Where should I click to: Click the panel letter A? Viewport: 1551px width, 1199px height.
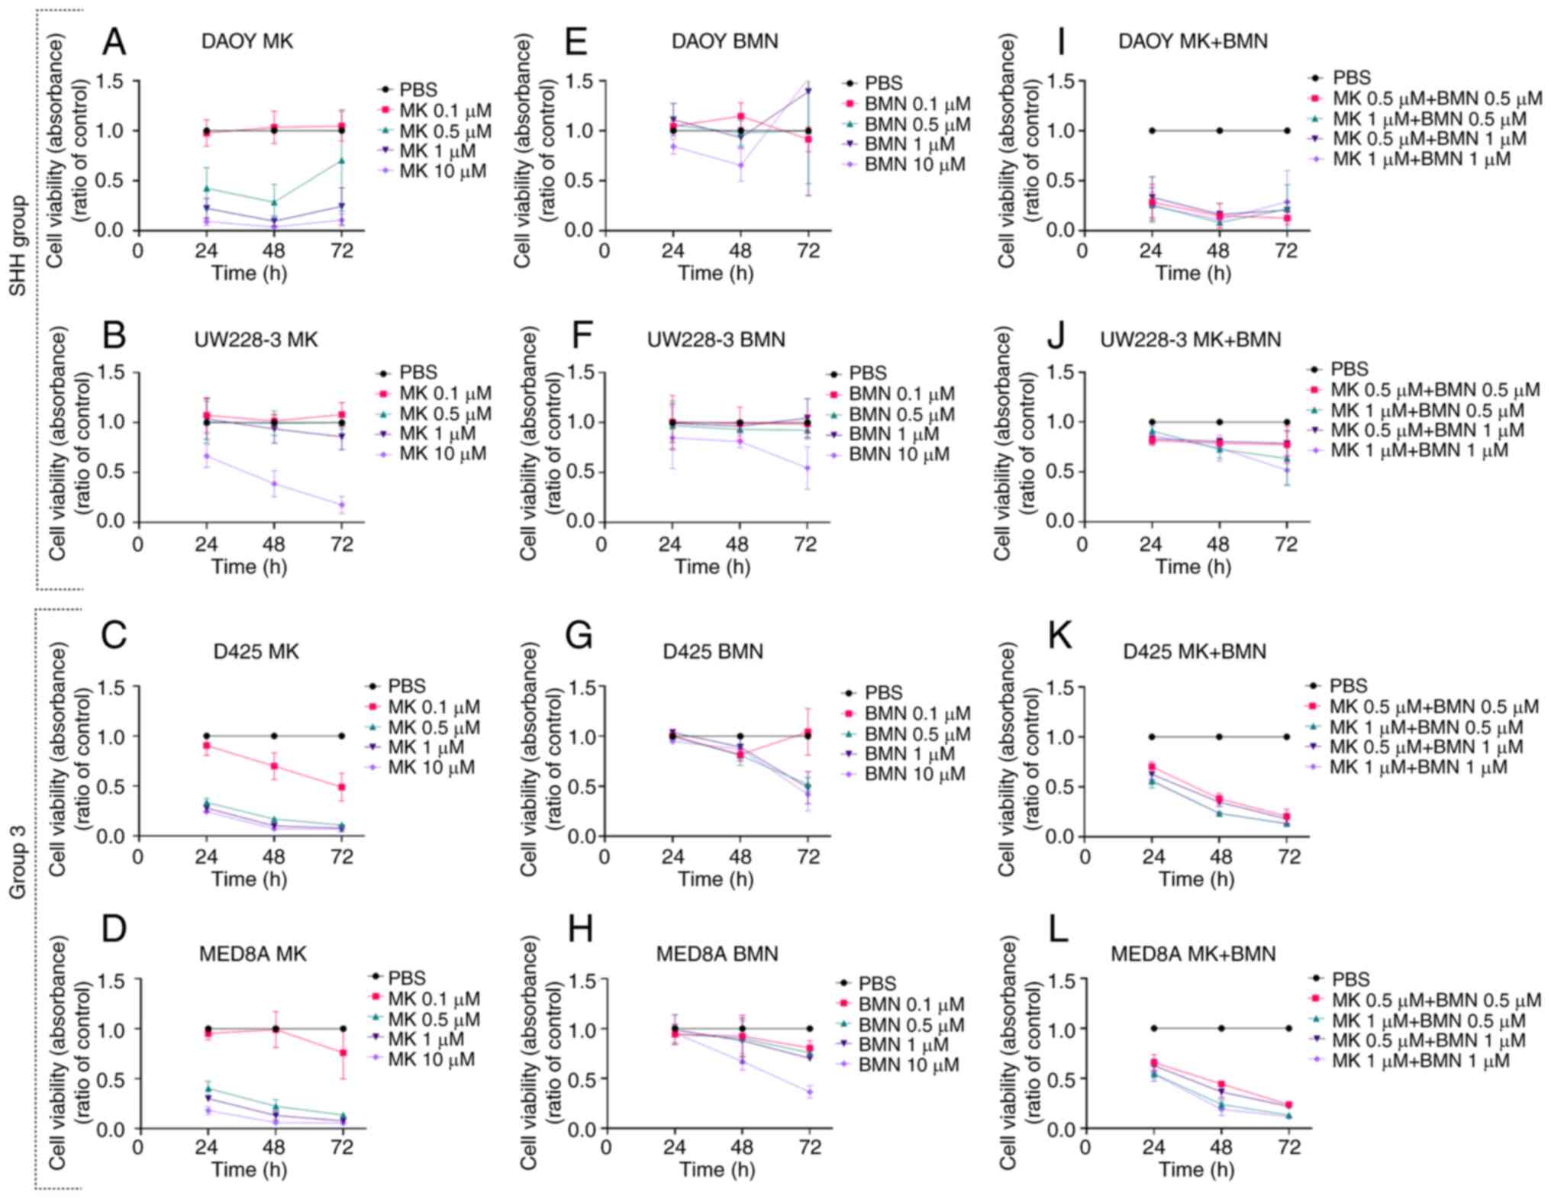coord(114,42)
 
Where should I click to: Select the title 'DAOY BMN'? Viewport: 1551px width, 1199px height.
coord(724,41)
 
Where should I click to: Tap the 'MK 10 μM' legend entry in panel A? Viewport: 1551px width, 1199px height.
coord(442,171)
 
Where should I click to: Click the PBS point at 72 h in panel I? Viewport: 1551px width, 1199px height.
coord(1287,131)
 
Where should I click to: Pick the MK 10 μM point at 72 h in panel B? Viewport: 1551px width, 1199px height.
coord(342,504)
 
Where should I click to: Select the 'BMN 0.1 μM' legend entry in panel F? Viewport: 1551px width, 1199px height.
coord(901,394)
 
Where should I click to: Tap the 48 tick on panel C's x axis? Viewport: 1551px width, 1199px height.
coord(274,857)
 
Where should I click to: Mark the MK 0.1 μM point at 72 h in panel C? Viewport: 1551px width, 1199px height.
coord(342,787)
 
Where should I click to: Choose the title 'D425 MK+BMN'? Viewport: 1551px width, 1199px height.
coord(1195,652)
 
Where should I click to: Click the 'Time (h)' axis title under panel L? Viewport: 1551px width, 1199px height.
coord(1196,1169)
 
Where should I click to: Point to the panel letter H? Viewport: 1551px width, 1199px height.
coord(581,929)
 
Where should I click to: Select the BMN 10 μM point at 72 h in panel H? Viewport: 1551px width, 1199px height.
coord(810,1092)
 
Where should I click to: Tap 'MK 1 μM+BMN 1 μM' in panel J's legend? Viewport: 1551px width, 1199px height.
coord(1419,450)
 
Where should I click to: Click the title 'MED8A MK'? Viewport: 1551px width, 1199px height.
coord(253,954)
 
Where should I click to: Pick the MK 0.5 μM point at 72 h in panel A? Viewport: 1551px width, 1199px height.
coord(342,160)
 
